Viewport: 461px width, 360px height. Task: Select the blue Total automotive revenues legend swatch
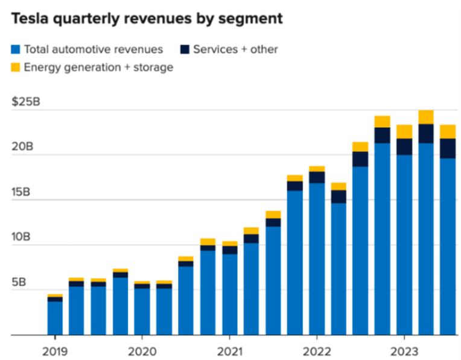click(x=16, y=49)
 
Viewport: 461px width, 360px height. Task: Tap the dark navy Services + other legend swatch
click(x=185, y=49)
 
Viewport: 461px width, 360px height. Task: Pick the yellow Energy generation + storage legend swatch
click(x=16, y=68)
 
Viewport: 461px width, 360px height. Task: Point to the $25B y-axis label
click(x=26, y=102)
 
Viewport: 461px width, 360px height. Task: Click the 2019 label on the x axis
click(x=55, y=351)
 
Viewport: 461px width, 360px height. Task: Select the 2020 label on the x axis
click(x=142, y=351)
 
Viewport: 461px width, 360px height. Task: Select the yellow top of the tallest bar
click(x=426, y=117)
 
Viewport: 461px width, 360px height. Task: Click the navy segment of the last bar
click(x=448, y=148)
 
